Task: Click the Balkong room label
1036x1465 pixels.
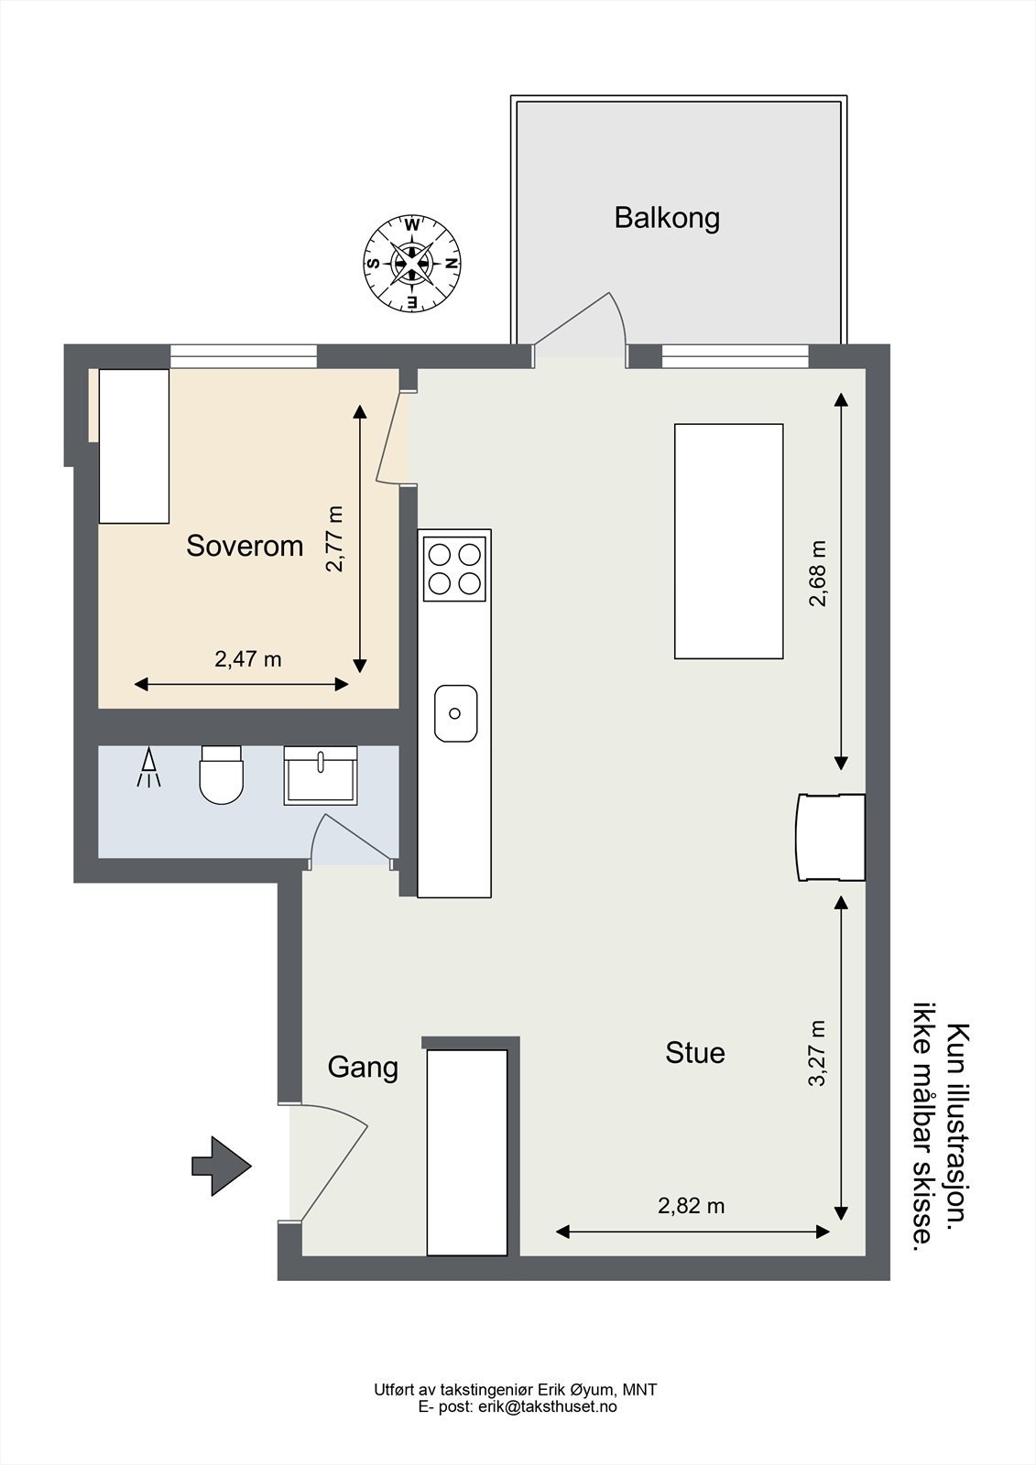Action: pos(667,218)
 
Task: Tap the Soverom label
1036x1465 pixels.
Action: pos(245,546)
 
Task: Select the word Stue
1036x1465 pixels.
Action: pos(695,1053)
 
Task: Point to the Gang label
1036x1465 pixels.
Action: pos(363,1068)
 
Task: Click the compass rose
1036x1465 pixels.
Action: pos(412,264)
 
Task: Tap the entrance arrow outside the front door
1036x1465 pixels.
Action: pos(221,1166)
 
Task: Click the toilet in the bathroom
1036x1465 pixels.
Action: pos(221,775)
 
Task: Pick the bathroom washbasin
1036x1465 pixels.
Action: pos(320,775)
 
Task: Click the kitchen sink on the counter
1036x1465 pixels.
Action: pos(455,713)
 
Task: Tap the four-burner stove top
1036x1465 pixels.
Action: pos(454,569)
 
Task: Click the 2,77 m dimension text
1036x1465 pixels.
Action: pos(334,539)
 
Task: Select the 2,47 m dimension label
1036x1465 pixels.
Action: pos(248,659)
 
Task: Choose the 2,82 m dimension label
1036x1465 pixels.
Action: pos(691,1205)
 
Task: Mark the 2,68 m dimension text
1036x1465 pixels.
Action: pos(818,573)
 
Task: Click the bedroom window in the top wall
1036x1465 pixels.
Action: pos(244,356)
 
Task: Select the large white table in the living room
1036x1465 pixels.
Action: pos(728,541)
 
